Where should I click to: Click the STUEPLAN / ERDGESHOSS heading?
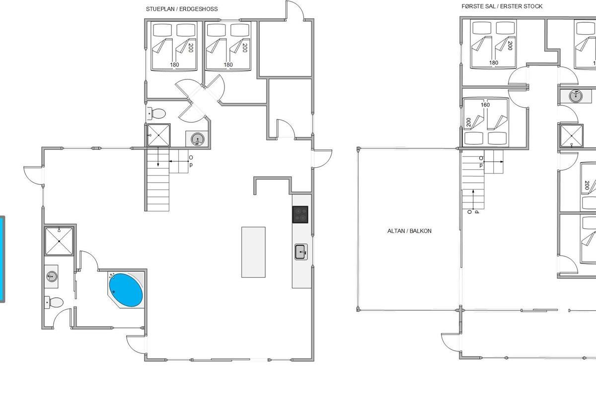(x=182, y=9)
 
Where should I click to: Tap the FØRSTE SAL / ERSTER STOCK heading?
(x=502, y=6)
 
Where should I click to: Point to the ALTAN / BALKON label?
(x=409, y=231)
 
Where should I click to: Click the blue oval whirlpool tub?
(x=126, y=290)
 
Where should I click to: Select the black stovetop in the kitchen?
(x=300, y=214)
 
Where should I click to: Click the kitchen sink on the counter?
(x=301, y=252)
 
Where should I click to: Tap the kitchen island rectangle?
(x=253, y=252)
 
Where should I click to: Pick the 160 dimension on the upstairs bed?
(x=485, y=105)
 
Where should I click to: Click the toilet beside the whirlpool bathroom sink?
(x=54, y=303)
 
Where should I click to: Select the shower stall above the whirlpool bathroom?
(x=59, y=241)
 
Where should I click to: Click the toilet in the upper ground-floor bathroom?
(x=156, y=114)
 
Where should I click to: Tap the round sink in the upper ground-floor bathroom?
(x=198, y=139)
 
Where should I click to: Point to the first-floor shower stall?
(x=572, y=136)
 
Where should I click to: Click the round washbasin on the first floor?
(x=576, y=96)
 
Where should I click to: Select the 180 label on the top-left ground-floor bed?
(x=174, y=65)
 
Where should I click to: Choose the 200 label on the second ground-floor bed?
(x=245, y=48)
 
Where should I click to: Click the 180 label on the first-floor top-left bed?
(x=494, y=63)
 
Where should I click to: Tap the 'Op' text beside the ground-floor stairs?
(x=191, y=161)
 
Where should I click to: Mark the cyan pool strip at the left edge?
(x=2, y=259)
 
